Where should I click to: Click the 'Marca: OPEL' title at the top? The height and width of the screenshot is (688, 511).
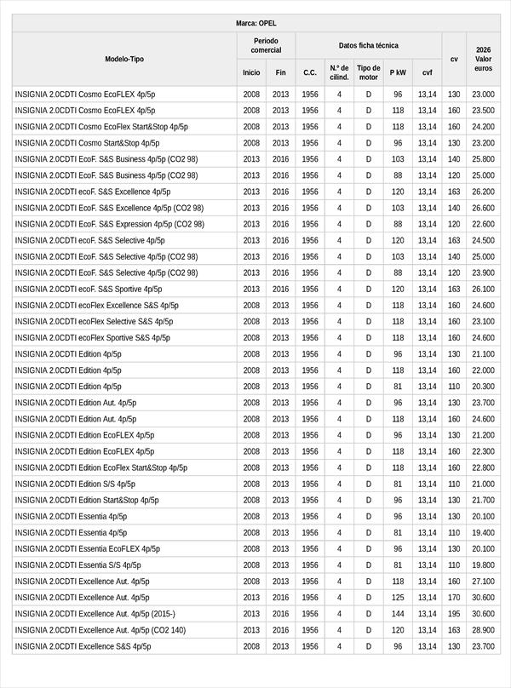(255, 23)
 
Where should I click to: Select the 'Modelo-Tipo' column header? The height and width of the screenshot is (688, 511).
(124, 59)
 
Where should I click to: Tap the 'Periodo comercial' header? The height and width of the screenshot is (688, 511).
(266, 45)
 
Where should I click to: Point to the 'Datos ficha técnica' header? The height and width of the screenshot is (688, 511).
(368, 45)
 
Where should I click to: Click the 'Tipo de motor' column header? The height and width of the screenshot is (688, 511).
(369, 72)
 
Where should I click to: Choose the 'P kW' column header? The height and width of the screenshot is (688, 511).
(398, 72)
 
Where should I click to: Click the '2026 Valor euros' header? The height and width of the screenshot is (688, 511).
(483, 59)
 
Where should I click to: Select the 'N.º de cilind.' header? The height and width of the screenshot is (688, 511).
(339, 72)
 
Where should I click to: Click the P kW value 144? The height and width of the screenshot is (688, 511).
(398, 614)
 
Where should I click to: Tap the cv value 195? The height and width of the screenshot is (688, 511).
(454, 614)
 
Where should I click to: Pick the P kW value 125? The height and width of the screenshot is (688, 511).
(398, 598)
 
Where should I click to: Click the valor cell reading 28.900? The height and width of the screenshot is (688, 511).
(483, 630)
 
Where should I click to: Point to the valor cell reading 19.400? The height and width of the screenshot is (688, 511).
(483, 533)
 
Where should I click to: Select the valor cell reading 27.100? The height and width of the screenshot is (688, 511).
(483, 582)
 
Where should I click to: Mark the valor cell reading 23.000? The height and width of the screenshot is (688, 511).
(483, 95)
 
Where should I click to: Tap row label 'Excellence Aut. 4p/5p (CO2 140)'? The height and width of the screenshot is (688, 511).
(100, 630)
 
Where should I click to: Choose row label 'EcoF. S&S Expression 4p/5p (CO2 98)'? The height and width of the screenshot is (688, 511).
(109, 224)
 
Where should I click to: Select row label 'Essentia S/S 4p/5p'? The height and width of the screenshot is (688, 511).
(78, 565)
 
